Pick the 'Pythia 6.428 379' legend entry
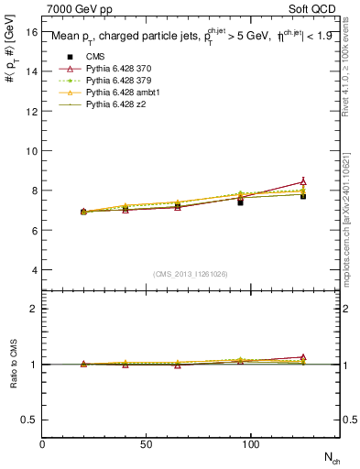pos(119,81)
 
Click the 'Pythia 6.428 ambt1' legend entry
pos(123,93)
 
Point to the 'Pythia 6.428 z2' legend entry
pos(116,104)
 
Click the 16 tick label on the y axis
pos(32,31)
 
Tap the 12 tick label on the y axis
pos(32,111)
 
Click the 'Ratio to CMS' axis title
pos(14,364)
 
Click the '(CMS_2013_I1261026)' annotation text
pos(191,274)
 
